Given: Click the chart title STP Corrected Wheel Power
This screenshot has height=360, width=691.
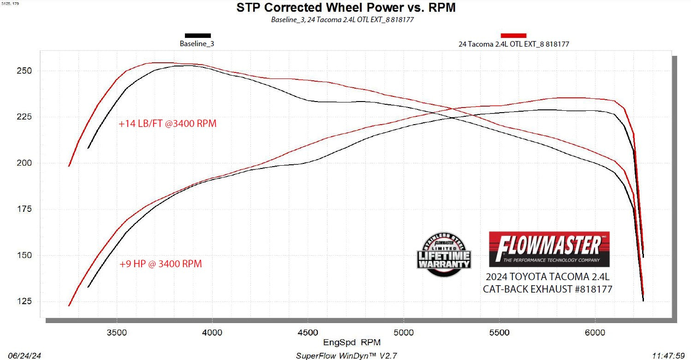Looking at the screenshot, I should [345, 8].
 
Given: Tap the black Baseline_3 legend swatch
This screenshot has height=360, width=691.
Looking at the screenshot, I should [197, 36].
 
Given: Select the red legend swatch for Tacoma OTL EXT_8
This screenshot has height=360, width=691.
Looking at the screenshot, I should [513, 36].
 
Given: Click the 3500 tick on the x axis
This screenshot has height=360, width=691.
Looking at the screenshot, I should [117, 332].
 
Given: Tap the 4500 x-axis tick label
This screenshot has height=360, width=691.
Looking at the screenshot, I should [308, 332].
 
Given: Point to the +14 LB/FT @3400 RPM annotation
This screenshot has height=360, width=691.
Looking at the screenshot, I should [167, 124].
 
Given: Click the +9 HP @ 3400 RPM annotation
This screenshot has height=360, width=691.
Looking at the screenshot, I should [160, 264].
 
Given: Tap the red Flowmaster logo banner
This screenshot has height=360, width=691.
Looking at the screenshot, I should [549, 249].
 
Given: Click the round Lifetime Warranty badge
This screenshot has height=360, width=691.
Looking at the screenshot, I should [444, 254].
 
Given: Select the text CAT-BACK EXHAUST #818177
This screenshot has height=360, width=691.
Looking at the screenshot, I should [547, 289].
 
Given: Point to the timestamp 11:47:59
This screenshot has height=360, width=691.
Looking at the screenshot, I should [668, 356].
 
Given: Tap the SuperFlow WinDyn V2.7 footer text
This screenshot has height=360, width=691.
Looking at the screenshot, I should [345, 356].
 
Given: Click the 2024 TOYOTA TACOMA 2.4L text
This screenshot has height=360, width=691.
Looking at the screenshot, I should [547, 277].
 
